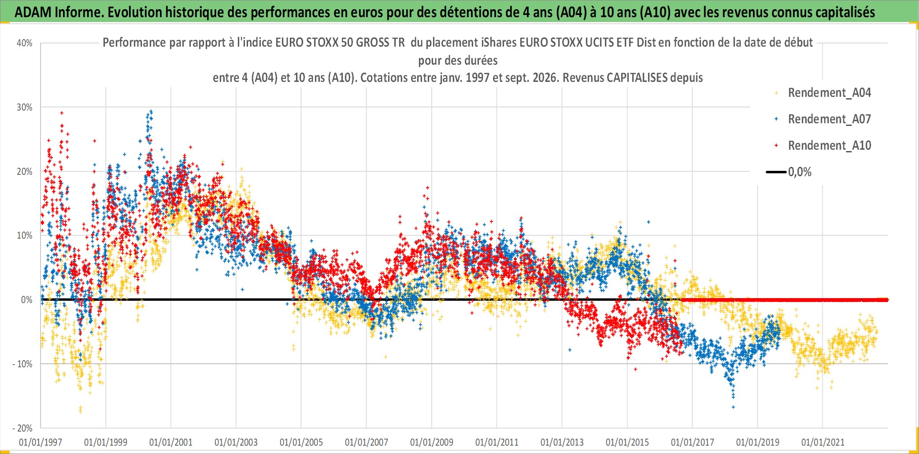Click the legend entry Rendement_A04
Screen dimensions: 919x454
(829, 93)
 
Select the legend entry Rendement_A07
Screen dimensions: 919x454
(829, 119)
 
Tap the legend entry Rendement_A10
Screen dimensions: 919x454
(829, 146)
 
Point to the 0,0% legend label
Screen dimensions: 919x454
(800, 172)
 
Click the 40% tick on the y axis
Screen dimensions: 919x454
(25, 43)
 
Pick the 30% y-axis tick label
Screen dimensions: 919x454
(25, 107)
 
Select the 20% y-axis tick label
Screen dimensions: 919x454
(25, 172)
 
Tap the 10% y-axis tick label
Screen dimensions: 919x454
(25, 236)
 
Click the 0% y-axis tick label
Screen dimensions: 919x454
(27, 300)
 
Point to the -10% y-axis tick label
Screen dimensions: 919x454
(22, 364)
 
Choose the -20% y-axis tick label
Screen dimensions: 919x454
(22, 428)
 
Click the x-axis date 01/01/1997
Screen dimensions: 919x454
(41, 442)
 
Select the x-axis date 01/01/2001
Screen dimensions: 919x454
(171, 442)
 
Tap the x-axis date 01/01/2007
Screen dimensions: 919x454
(367, 442)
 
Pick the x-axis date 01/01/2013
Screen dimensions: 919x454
(562, 442)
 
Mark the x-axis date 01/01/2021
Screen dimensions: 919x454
(823, 442)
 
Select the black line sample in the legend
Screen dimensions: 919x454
(776, 172)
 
